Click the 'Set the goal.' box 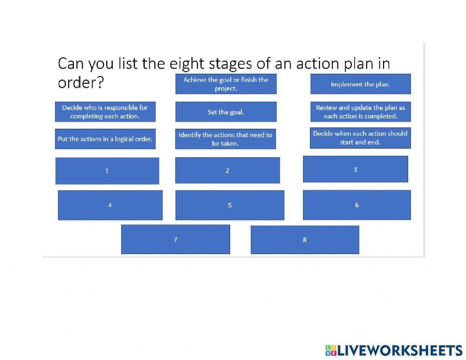pos(226,112)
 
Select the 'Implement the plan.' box pos(361,84)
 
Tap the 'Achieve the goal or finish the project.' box pos(226,84)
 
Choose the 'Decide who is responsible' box pos(105,112)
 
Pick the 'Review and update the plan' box pos(361,112)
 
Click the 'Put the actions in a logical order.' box pos(105,139)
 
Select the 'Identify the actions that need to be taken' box pos(226,139)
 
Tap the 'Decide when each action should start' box pos(360,138)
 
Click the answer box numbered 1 pos(107,171)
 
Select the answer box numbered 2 pos(227,170)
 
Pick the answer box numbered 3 pos(355,169)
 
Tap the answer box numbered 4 pos(110,205)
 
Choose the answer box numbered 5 pos(230,205)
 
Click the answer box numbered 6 pos(357,205)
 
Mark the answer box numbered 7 pos(176,239)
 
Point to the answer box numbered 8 pos(305,240)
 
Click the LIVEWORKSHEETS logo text pos(399,351)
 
